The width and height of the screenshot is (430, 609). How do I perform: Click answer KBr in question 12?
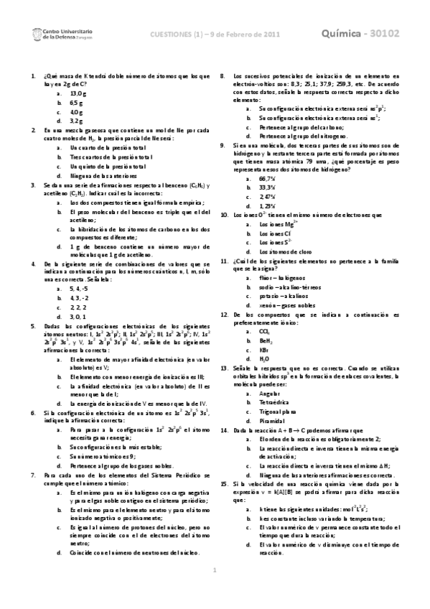pos(263,348)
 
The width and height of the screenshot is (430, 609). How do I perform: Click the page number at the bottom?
pos(215,590)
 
